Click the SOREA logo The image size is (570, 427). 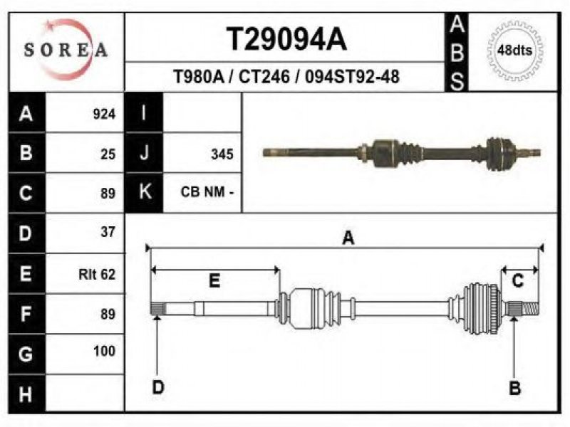click(66, 50)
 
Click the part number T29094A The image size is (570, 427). click(287, 39)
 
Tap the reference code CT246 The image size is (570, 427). click(264, 77)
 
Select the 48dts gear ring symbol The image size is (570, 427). click(514, 51)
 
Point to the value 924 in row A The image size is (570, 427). click(104, 115)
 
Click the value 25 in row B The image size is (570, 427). click(108, 154)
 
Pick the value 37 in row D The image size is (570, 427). click(108, 232)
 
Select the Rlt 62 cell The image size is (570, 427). click(97, 274)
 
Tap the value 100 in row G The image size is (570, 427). click(104, 351)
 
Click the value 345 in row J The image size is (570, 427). click(222, 154)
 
